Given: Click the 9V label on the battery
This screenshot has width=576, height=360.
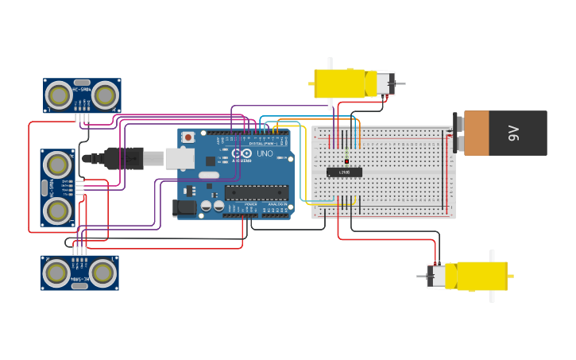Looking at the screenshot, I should tap(513, 133).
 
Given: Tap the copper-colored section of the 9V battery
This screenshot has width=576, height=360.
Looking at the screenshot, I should tap(477, 133).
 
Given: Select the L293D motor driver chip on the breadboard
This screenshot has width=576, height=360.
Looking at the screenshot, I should tap(344, 172).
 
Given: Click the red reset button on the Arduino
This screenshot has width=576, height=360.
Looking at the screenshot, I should tap(187, 137).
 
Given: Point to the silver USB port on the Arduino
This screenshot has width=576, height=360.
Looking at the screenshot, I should tap(180, 159).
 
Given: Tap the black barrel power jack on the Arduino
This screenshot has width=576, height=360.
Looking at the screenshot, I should tap(184, 208).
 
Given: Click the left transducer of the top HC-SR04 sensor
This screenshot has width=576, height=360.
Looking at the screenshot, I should tap(58, 95).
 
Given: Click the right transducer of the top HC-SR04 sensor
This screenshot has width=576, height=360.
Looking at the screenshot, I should tap(105, 95).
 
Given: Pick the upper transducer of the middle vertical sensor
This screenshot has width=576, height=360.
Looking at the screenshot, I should tap(57, 165).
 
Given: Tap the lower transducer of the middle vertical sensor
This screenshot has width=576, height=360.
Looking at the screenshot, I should tap(57, 211).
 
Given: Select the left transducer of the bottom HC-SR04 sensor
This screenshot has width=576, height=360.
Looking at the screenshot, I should tap(56, 273).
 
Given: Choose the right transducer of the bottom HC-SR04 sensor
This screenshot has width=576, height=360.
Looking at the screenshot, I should tap(102, 273).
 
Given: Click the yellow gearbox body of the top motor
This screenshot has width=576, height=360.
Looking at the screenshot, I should tap(340, 83).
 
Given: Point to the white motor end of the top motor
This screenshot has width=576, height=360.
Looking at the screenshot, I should tap(385, 83).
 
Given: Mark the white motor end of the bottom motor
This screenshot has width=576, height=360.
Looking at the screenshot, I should tap(436, 276).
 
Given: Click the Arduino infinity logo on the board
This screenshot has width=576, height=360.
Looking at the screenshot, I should tap(242, 153).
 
